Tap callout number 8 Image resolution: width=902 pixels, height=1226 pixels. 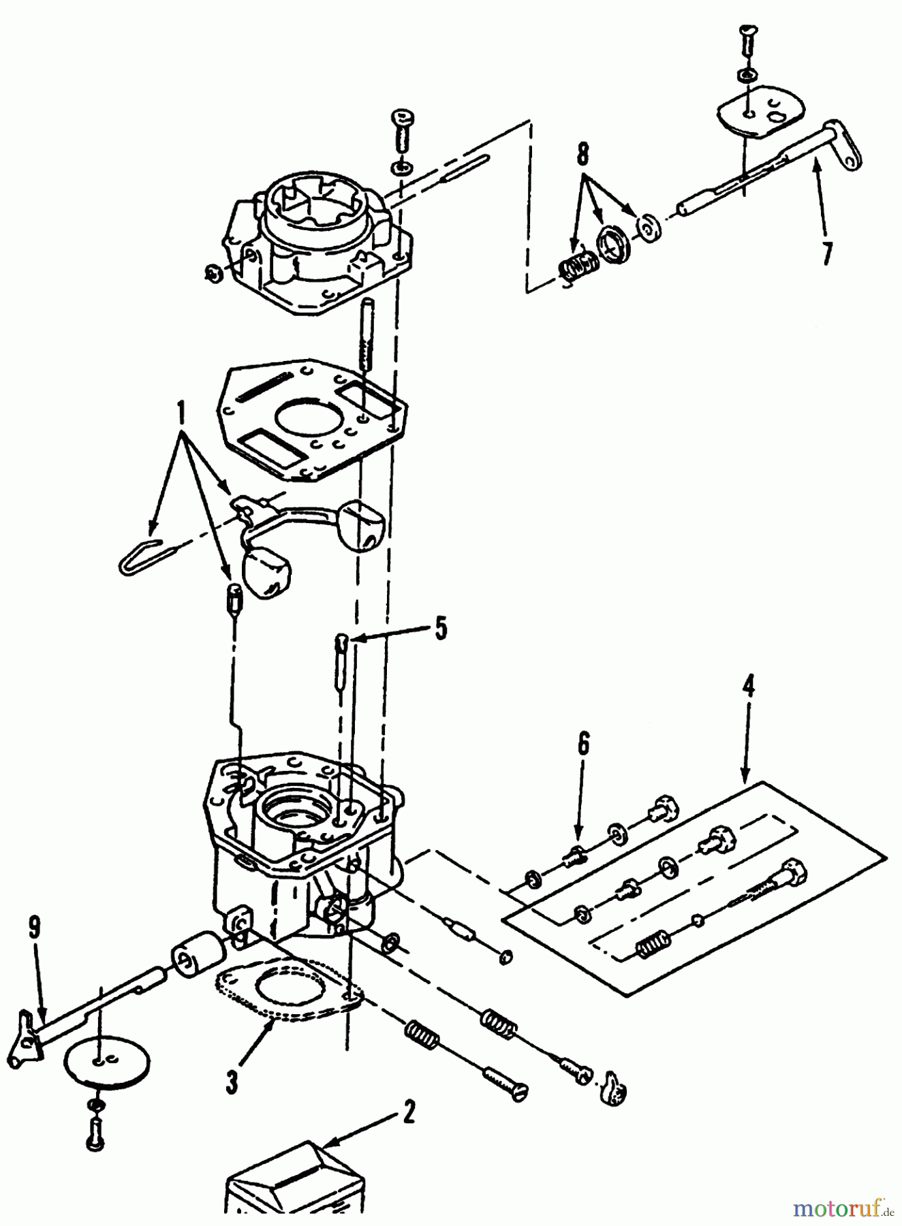pyautogui.click(x=583, y=155)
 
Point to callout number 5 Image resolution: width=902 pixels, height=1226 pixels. pyautogui.click(x=441, y=628)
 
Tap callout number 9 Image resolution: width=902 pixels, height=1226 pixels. pyautogui.click(x=35, y=928)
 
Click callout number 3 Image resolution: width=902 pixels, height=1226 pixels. pyautogui.click(x=232, y=1081)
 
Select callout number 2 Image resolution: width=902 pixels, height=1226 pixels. pyautogui.click(x=408, y=1113)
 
